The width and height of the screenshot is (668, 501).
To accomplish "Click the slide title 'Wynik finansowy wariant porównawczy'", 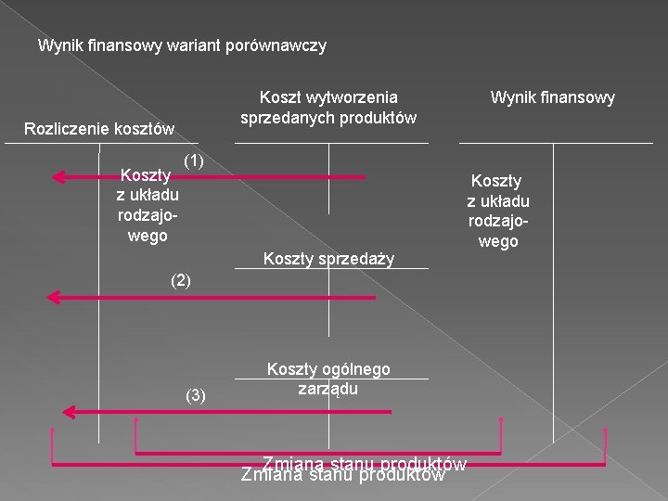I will (182, 45).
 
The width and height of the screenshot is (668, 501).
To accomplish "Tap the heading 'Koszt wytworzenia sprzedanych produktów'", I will (328, 107).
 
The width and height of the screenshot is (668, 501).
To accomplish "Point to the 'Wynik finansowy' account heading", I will (553, 96).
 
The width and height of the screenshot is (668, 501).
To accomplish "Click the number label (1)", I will (193, 161).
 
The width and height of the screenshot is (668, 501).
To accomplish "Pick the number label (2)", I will (181, 279).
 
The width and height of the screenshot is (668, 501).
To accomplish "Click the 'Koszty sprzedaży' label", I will (328, 258).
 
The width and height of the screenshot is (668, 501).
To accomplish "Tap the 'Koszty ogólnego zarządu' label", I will (328, 379).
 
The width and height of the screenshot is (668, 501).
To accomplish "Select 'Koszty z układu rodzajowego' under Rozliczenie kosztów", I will (147, 204).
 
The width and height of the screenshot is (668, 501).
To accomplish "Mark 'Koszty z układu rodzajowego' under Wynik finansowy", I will (497, 211).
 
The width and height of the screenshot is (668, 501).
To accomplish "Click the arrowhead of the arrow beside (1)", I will (58, 176).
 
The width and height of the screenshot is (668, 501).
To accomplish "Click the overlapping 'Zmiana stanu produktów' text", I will (353, 469).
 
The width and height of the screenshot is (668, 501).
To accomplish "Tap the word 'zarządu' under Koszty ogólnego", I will (328, 389).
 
